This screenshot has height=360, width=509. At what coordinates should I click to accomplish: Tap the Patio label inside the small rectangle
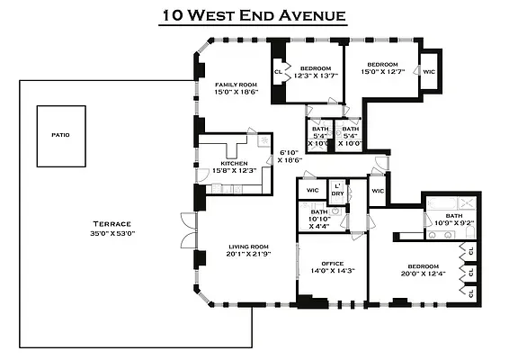click(60, 135)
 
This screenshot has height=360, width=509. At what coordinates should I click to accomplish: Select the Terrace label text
click(112, 223)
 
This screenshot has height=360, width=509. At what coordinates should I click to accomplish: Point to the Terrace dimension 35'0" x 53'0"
click(112, 232)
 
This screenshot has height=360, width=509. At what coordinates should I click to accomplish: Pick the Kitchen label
click(234, 163)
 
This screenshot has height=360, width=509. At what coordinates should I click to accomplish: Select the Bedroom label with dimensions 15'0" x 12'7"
click(387, 65)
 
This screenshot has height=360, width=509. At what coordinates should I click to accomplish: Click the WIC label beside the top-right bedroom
click(429, 71)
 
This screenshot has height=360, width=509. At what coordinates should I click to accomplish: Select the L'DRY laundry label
click(338, 189)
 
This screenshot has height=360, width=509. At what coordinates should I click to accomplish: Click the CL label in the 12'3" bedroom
click(278, 69)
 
